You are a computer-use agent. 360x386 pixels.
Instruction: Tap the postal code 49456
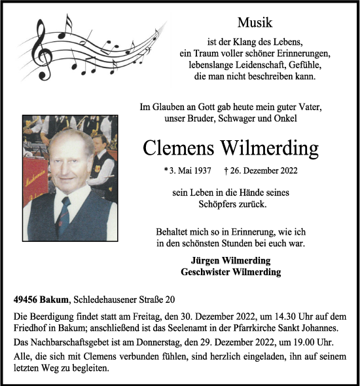pos(27,300)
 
